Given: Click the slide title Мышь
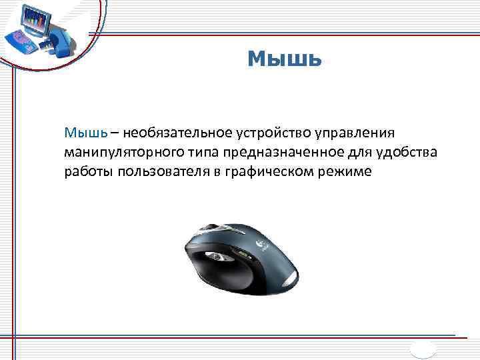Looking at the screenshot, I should (x=285, y=60).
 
